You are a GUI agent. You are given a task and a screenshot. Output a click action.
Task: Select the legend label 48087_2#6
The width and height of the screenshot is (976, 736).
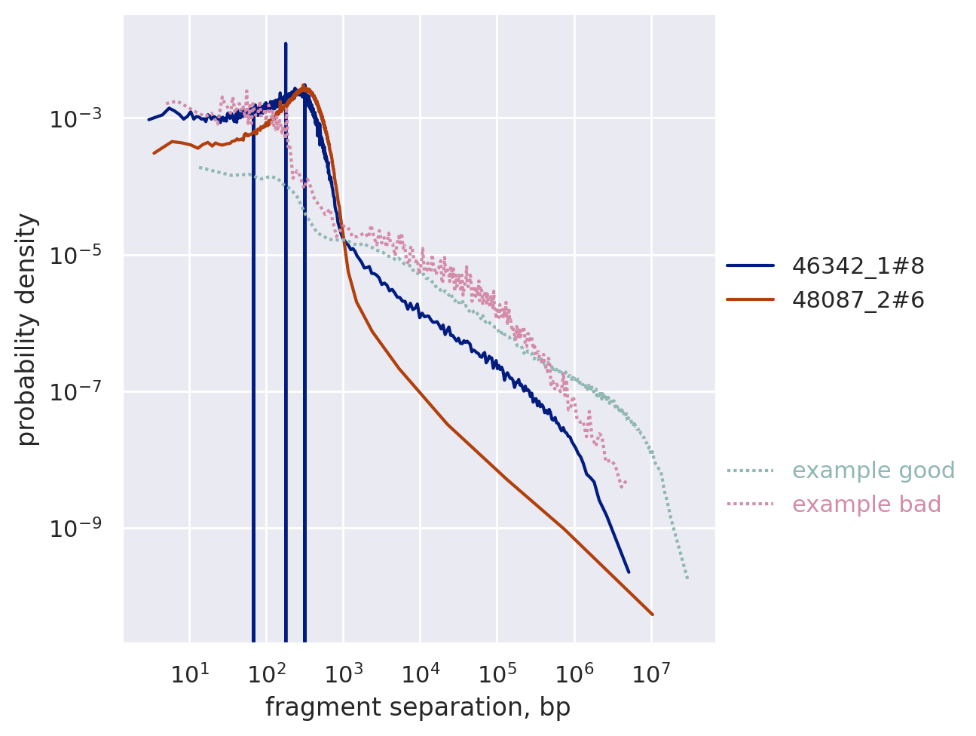pos(858,300)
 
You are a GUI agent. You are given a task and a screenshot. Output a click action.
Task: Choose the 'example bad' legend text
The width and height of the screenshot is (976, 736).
pos(867,504)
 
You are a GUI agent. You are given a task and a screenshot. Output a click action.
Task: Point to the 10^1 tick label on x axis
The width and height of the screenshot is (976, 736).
pos(189,673)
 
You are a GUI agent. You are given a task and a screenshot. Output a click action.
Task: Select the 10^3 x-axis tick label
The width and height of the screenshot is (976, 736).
pos(343,673)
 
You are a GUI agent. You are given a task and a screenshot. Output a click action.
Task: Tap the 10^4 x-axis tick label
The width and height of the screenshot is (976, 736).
pos(421,673)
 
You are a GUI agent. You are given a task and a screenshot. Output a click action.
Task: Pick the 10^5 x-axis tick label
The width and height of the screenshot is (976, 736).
pos(497,673)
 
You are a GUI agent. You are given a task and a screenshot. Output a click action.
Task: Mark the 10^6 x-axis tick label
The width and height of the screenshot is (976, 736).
pos(574,673)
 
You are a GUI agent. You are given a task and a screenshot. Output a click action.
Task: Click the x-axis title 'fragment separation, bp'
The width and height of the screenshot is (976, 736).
pos(418,707)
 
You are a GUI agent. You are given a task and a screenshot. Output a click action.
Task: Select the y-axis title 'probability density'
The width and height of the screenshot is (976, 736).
pos(27,329)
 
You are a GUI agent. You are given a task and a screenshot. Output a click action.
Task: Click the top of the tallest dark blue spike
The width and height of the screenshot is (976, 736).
pos(286,44)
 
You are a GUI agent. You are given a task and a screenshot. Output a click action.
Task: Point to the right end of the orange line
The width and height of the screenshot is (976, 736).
pos(652,615)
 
